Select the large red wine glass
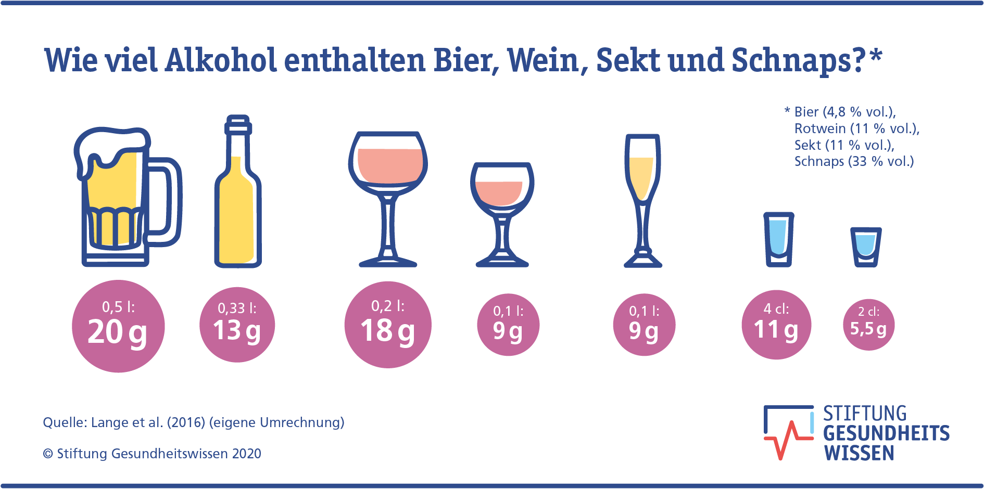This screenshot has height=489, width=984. pos(388,198)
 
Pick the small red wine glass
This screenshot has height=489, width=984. pos(502,213)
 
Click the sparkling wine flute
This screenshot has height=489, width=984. pos(643,200)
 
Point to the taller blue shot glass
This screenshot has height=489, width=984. pos(778,239)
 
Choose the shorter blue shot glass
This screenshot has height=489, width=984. pos(866,247)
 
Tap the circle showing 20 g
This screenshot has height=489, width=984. pos(118,326)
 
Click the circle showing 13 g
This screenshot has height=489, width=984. pos(237,325)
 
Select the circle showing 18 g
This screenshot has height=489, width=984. pos(388,325)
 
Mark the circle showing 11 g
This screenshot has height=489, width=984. pos(776,325)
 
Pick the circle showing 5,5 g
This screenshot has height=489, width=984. pos(868,325)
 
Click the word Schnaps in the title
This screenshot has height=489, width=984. pos(798,61)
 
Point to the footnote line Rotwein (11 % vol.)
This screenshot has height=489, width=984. pos(856,128)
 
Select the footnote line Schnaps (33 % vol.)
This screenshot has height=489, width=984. pos(854,161)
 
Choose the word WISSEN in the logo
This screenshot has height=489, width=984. pos(859,454)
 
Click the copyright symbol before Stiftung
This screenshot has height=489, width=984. pos(48,454)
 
